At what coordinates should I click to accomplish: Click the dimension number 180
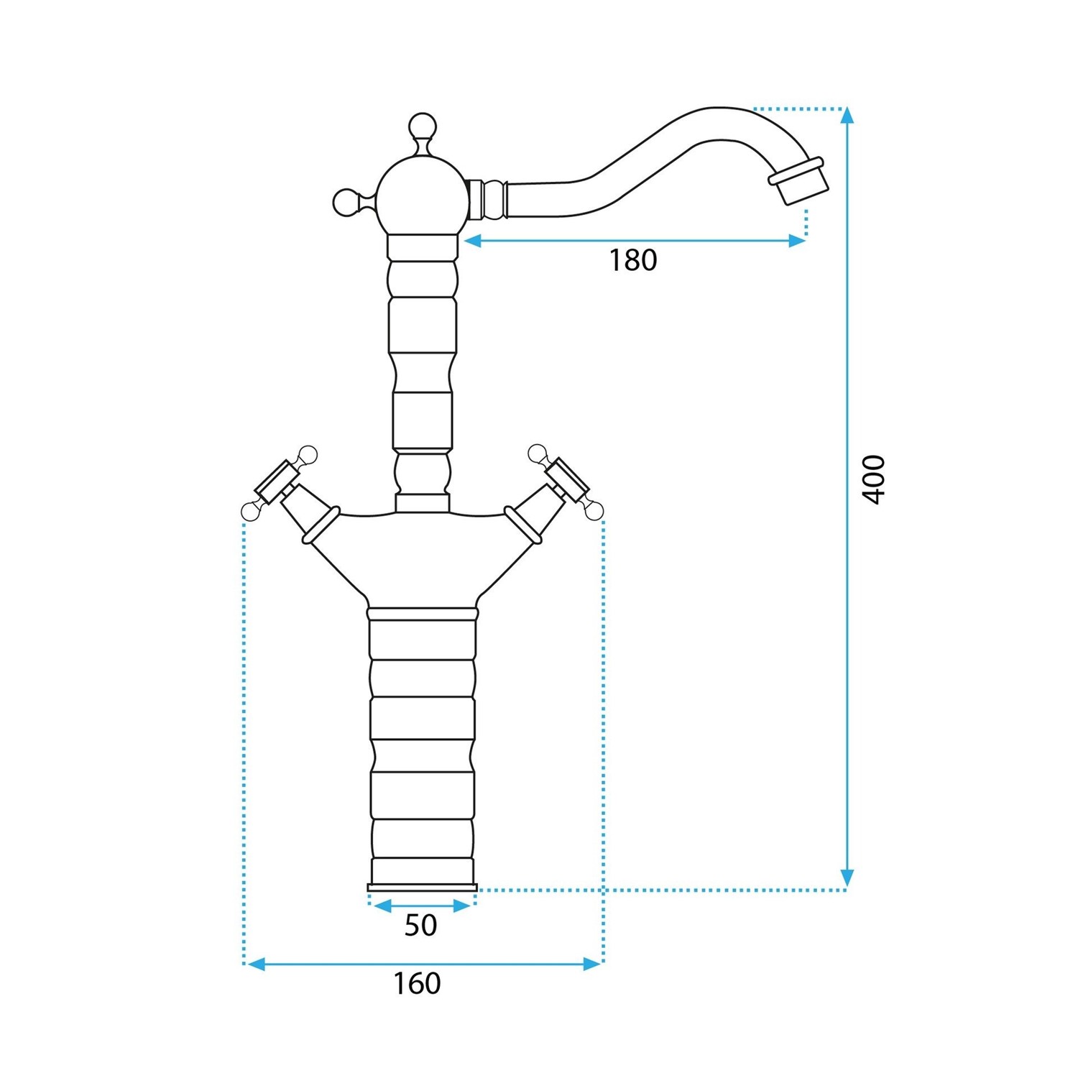633,260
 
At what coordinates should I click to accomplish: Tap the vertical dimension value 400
874,479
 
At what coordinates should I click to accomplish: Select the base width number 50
420,925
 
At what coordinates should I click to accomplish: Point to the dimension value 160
417,983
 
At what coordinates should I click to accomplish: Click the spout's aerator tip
798,182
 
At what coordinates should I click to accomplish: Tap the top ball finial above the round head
422,127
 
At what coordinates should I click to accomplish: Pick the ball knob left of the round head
346,202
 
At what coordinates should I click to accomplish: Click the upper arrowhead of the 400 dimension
847,116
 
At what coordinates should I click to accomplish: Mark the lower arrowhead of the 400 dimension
847,877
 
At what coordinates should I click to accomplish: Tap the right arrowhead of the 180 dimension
797,241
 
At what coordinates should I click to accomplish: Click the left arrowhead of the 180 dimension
471,241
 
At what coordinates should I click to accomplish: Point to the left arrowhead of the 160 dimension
254,964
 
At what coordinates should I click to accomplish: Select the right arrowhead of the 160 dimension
593,964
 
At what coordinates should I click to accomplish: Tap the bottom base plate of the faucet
422,887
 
